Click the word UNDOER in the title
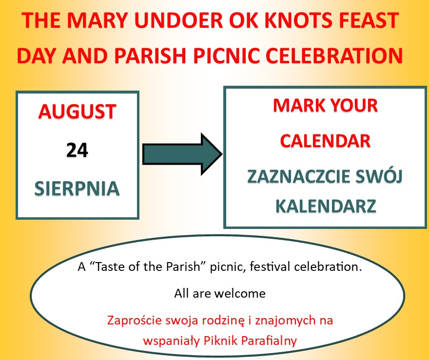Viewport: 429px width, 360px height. pyautogui.click(x=178, y=20)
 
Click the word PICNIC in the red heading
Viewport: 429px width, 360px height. pyautogui.click(x=226, y=56)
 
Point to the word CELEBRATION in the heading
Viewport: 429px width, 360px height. pyautogui.click(x=334, y=56)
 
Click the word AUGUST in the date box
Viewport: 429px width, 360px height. pyautogui.click(x=78, y=112)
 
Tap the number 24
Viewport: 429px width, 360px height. pyautogui.click(x=77, y=150)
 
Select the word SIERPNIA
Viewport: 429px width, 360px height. pyautogui.click(x=77, y=189)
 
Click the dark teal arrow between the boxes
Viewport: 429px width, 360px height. pyautogui.click(x=182, y=154)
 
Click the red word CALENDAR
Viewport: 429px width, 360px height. pyautogui.click(x=325, y=141)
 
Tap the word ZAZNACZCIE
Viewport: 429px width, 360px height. pyautogui.click(x=299, y=176)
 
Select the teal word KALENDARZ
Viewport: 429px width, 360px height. pyautogui.click(x=326, y=206)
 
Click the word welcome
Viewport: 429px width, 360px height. pyautogui.click(x=240, y=293)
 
